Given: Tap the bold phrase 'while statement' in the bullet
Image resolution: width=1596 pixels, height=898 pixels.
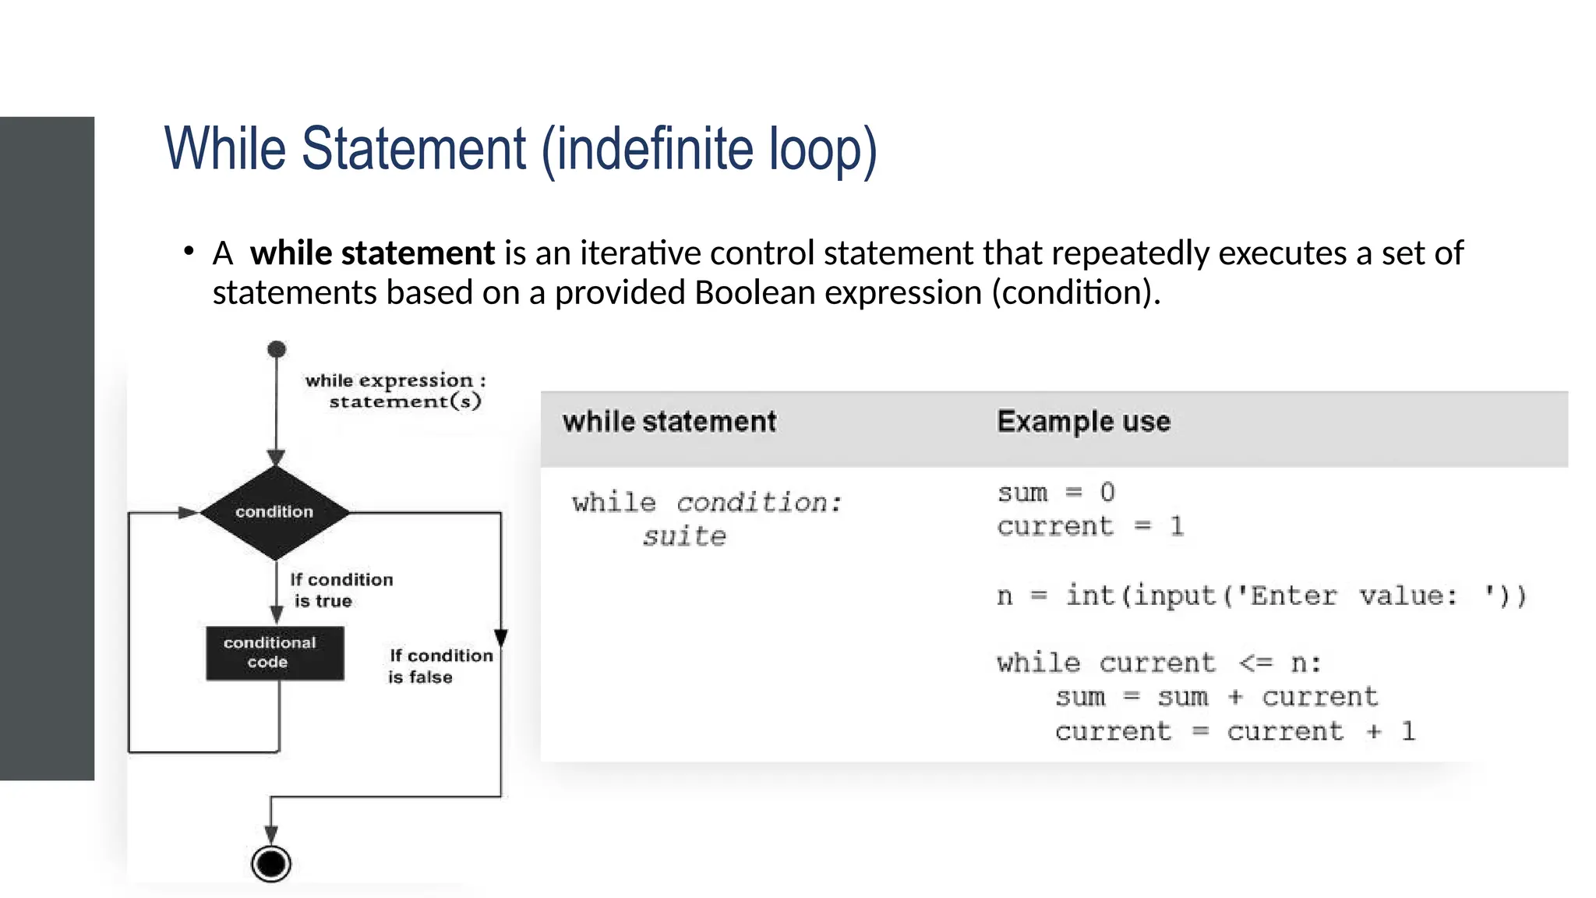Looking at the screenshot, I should (372, 253).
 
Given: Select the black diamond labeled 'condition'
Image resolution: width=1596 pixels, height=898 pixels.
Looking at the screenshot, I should (274, 512).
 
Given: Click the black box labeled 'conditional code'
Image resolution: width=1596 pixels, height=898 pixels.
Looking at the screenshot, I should (274, 653).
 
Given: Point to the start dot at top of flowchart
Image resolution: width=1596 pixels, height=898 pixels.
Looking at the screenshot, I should (277, 349).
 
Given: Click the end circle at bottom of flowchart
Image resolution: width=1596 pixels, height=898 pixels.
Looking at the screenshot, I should (271, 864).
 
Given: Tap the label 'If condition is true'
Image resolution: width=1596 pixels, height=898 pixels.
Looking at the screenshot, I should (341, 590).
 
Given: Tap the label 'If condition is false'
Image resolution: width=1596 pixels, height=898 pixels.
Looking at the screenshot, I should (440, 666).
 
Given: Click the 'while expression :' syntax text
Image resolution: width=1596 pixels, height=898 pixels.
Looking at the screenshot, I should (395, 380).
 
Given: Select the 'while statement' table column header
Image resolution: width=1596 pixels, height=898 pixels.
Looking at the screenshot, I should (669, 422).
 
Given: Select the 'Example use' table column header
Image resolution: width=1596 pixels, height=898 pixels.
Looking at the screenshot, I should (1083, 422).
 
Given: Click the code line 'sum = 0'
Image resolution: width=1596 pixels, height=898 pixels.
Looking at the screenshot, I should (1056, 493).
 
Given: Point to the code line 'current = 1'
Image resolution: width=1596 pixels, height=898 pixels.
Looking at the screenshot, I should (1089, 527).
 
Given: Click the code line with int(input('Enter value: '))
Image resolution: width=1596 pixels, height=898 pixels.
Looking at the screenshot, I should (1261, 596).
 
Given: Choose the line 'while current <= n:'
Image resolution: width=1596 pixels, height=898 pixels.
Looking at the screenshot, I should (1159, 663).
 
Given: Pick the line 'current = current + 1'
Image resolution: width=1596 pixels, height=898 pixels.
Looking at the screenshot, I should (1234, 732).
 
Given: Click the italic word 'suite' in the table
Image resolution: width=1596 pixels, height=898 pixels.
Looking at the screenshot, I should (684, 536).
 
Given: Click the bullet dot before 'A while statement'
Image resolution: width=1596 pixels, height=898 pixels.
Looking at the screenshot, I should (189, 251).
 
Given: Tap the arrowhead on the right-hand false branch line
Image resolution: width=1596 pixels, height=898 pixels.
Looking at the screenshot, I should (501, 638).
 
